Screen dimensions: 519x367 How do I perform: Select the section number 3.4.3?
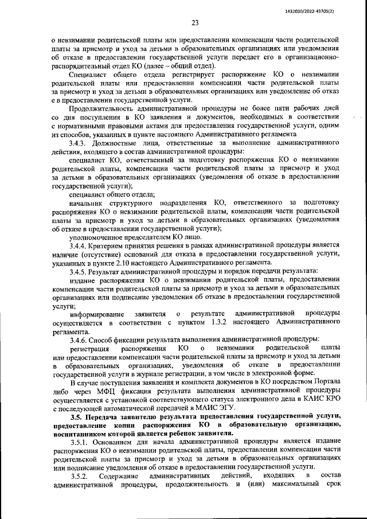(78, 142)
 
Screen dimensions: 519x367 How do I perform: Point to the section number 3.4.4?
(78, 245)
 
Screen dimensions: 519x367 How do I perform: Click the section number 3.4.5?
(78, 271)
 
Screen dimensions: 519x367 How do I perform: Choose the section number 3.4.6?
(78, 340)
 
